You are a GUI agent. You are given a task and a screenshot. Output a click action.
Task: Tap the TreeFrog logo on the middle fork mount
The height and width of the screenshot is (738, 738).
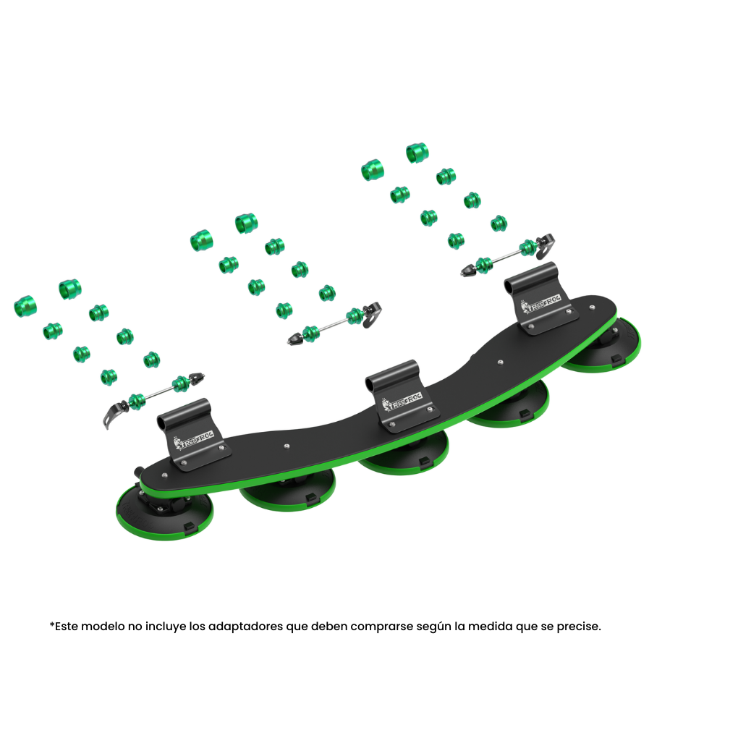tap(402, 402)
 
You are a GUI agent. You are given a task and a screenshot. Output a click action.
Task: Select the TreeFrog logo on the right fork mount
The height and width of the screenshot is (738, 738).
tap(540, 305)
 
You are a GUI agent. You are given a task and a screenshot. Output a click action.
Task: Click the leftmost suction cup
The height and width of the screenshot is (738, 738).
tap(164, 512)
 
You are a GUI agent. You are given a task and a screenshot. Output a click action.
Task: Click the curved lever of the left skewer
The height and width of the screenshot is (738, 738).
tap(112, 414)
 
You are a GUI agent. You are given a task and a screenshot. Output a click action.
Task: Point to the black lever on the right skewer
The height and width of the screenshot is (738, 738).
tap(546, 245)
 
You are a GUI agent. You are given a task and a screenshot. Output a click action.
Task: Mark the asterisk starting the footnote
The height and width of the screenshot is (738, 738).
tap(52, 624)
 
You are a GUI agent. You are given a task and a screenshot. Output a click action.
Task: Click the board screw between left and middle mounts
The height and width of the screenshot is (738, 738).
tap(287, 446)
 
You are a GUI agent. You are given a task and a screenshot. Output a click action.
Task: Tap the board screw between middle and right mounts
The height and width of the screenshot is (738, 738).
tap(500, 362)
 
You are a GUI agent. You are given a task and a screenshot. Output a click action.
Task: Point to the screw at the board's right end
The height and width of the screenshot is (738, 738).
tap(592, 307)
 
